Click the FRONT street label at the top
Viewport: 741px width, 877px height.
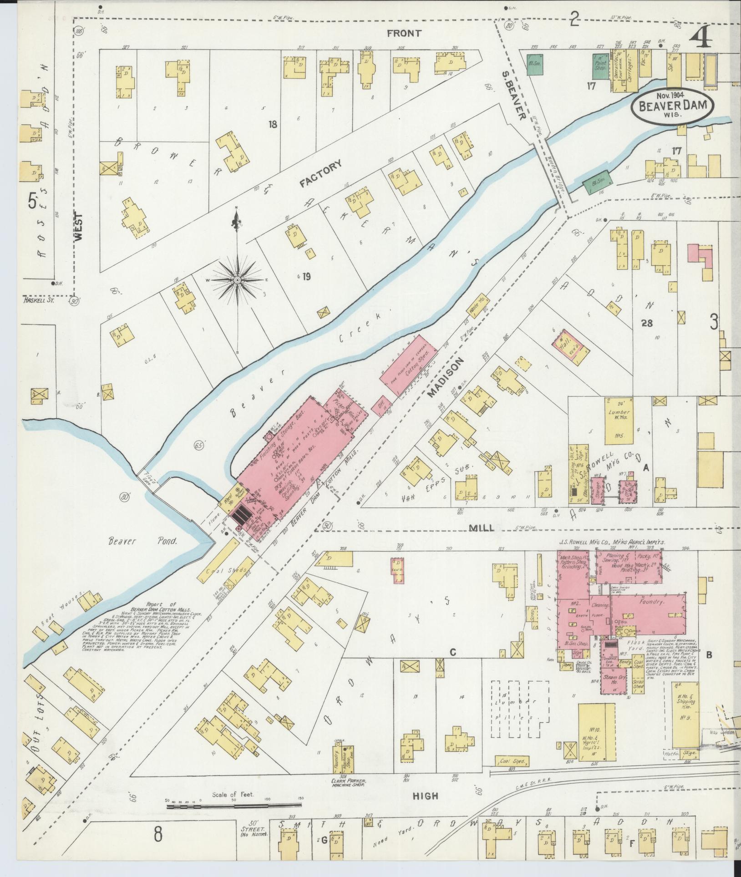(x=410, y=33)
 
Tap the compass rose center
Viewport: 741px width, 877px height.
(x=237, y=280)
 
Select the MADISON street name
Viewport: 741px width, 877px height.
(x=446, y=377)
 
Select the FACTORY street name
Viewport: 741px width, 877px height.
(x=320, y=174)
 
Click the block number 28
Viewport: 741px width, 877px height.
(x=646, y=323)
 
